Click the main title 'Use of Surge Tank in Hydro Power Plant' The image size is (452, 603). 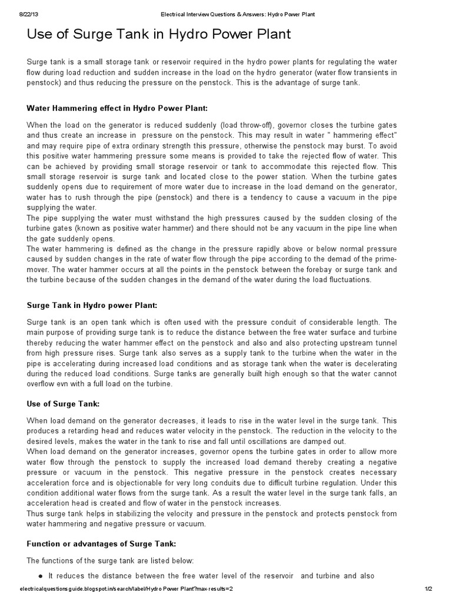(159, 35)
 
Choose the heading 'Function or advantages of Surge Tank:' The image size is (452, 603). (102, 544)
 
